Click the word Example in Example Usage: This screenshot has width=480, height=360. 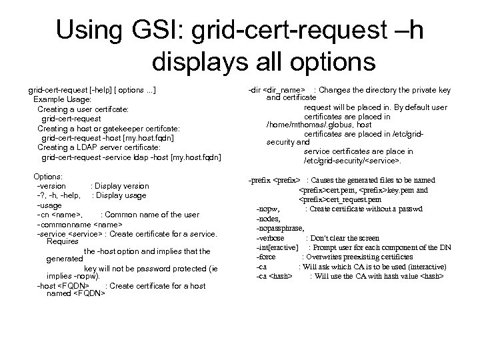[x=50, y=99]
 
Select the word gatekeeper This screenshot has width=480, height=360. [x=119, y=128]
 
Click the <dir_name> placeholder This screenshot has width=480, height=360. [x=285, y=89]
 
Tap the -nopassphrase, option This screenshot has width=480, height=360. [x=281, y=228]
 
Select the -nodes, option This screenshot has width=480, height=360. [x=269, y=219]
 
